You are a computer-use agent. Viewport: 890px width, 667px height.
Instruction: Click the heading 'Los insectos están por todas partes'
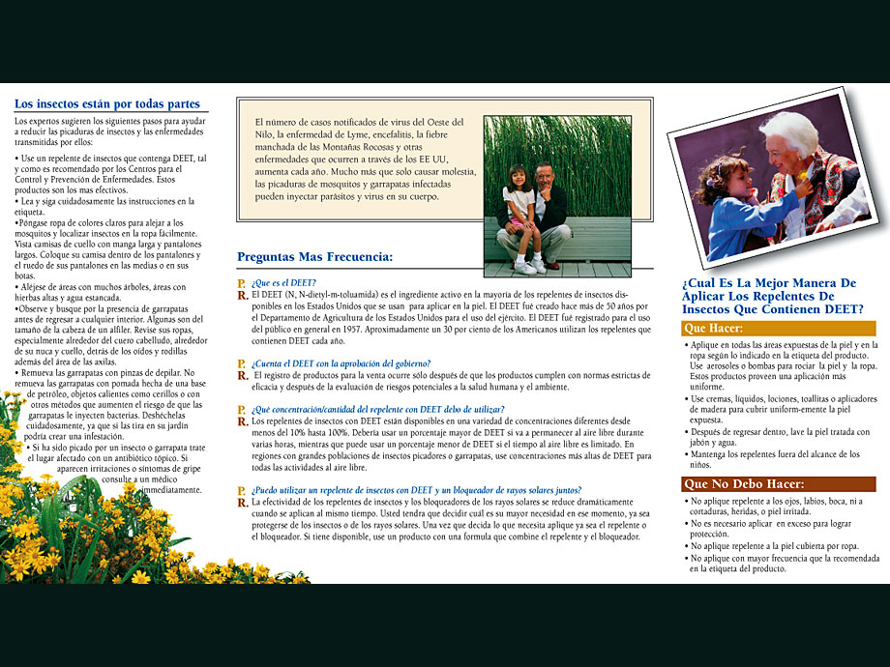coord(107,104)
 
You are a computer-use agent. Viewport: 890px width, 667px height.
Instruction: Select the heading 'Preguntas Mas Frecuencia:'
coord(315,257)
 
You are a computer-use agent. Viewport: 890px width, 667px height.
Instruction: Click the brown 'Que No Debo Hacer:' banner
coord(744,484)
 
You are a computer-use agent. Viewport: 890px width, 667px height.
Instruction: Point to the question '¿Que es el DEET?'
coord(284,282)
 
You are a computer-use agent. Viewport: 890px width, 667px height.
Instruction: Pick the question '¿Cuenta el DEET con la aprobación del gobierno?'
coord(341,363)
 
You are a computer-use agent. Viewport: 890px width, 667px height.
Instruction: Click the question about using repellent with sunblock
coord(376,490)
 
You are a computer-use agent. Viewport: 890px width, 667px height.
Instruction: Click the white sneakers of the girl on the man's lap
coord(529,266)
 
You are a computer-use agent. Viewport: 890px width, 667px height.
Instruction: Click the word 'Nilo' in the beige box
coord(264,134)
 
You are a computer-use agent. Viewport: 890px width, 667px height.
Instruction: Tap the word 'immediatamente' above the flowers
coord(171,490)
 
